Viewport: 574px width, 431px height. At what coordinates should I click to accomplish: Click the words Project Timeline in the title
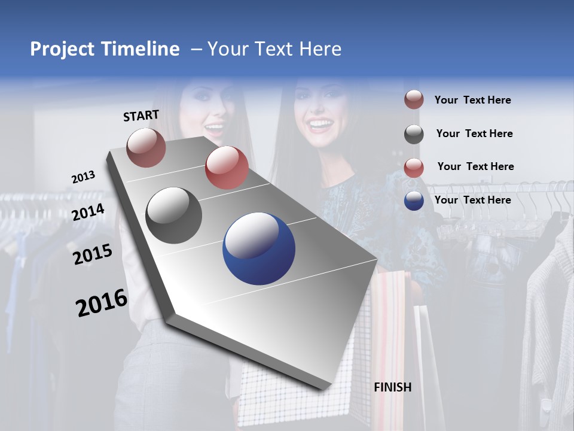click(x=105, y=49)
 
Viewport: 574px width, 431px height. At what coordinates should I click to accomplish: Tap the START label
click(x=141, y=116)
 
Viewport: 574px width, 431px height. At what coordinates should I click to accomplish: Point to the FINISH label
click(x=393, y=387)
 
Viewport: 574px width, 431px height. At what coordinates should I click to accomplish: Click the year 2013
click(x=83, y=177)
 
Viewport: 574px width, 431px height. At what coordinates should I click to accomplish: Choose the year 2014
click(x=88, y=212)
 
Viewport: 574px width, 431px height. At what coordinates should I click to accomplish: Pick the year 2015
click(x=93, y=254)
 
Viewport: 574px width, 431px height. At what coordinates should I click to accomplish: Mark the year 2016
click(x=102, y=303)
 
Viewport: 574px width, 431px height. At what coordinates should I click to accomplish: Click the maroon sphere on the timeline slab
click(x=146, y=147)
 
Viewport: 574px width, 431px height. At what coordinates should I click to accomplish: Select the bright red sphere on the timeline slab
click(x=227, y=168)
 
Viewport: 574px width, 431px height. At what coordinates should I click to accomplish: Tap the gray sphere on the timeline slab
click(x=174, y=215)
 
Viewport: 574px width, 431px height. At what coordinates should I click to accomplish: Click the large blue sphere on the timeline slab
click(x=259, y=249)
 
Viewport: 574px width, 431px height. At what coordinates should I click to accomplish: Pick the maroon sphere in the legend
click(x=414, y=100)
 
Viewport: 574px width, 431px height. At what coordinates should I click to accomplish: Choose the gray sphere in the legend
click(x=414, y=133)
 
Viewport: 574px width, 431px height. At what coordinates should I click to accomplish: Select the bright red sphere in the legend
click(x=414, y=167)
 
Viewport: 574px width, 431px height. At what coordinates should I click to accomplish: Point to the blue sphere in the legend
click(x=414, y=201)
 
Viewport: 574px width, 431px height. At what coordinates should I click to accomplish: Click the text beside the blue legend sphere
click(x=472, y=200)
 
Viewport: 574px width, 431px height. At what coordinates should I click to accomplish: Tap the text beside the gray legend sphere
click(x=474, y=133)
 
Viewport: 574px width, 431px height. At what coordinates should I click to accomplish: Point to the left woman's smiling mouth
click(x=214, y=128)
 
